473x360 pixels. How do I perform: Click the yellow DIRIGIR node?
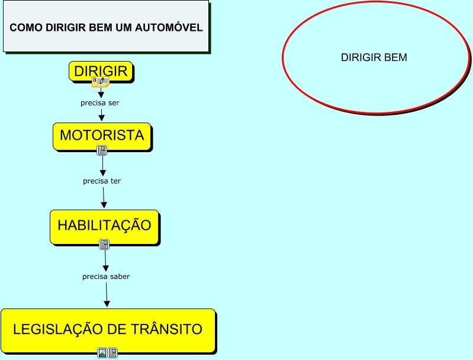pyautogui.click(x=101, y=72)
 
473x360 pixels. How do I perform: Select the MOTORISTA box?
pyautogui.click(x=102, y=136)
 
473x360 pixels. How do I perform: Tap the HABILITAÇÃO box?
pyautogui.click(x=104, y=226)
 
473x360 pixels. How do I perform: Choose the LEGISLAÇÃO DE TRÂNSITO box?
pyautogui.click(x=108, y=330)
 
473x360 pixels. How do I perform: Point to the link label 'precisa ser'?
pyautogui.click(x=100, y=103)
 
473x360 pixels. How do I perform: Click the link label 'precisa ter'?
pyautogui.click(x=102, y=181)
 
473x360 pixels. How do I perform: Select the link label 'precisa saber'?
pyautogui.click(x=106, y=277)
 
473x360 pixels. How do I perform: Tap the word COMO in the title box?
pyautogui.click(x=23, y=28)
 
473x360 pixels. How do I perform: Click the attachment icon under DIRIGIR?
pyautogui.click(x=99, y=82)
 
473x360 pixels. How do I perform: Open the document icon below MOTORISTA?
pyautogui.click(x=102, y=150)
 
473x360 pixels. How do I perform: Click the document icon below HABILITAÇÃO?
pyautogui.click(x=104, y=244)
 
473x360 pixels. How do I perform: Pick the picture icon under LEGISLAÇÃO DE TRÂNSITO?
pyautogui.click(x=102, y=353)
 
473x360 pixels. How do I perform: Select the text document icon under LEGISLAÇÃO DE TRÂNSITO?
pyautogui.click(x=112, y=353)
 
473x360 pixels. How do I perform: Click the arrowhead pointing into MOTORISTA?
pyautogui.click(x=102, y=118)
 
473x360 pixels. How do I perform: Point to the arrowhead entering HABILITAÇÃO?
pyautogui.click(x=104, y=204)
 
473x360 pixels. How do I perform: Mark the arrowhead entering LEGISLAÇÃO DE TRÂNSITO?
pyautogui.click(x=107, y=303)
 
